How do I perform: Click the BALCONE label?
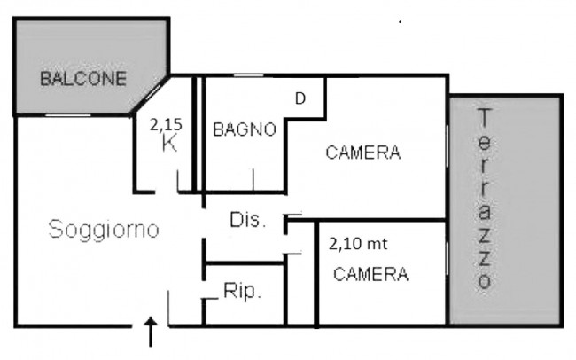click(83, 79)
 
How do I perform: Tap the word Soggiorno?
click(104, 230)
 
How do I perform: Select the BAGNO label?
click(245, 129)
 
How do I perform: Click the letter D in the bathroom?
click(300, 98)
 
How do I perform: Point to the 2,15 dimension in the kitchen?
click(166, 125)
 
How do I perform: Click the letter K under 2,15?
click(169, 144)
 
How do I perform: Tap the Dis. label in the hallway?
click(247, 220)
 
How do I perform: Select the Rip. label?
click(242, 291)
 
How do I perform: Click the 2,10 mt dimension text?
click(358, 244)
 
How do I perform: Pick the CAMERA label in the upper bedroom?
click(363, 153)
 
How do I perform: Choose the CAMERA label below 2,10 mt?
click(370, 274)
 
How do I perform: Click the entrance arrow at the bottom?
click(151, 332)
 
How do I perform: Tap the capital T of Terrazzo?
click(485, 117)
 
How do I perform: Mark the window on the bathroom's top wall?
click(249, 75)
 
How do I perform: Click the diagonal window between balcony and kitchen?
click(153, 92)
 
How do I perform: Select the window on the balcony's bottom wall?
click(68, 115)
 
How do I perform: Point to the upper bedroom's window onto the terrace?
click(447, 147)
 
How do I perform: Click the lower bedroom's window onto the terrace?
click(447, 259)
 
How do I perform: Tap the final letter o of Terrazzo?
click(485, 282)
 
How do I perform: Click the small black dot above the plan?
click(400, 22)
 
